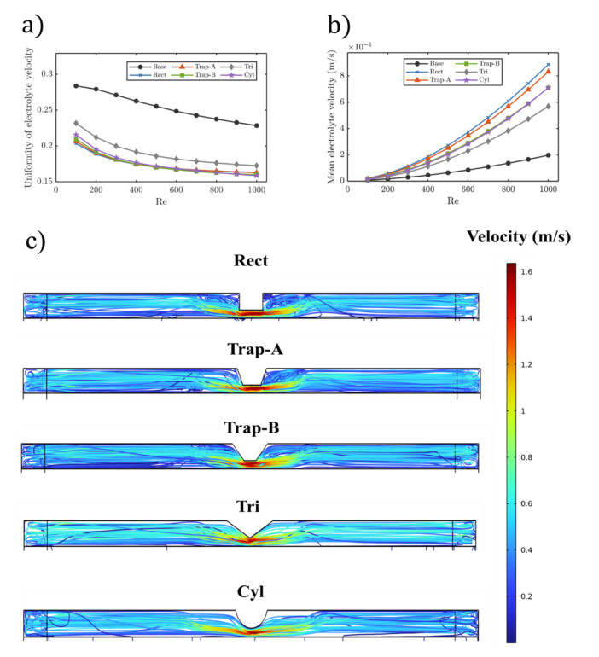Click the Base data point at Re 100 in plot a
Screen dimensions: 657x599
point(77,86)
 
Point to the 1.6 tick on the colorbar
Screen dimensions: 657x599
point(535,272)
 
